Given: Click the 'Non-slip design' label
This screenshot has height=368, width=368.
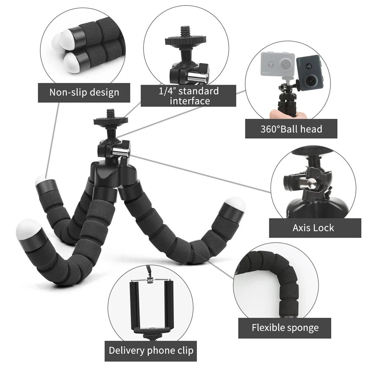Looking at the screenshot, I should pos(84,92).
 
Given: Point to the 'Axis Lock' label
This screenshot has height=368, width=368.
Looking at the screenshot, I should pos(313,228).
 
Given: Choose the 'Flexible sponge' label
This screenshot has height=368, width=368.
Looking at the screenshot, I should pos(285,328).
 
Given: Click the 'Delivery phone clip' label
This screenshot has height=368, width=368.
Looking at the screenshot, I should pos(151,350).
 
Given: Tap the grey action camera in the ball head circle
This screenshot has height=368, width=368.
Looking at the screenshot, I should pos(277,64).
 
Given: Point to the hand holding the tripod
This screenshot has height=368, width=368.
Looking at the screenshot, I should pos(287,114).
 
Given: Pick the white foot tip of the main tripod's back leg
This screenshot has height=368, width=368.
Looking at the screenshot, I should pos(40,180).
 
